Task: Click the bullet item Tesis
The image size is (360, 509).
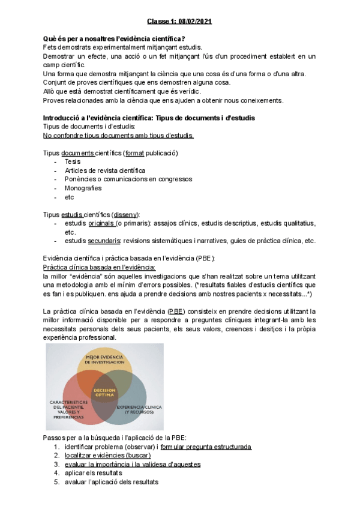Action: click(72, 161)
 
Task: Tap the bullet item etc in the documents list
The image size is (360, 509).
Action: click(69, 197)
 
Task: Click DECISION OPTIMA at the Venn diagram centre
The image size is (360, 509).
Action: click(106, 393)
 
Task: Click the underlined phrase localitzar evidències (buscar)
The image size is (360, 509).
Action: click(108, 456)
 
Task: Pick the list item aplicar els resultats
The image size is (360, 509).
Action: click(94, 473)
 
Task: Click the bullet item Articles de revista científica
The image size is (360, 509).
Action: click(105, 170)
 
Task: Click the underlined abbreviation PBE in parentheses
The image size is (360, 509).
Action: click(177, 312)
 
